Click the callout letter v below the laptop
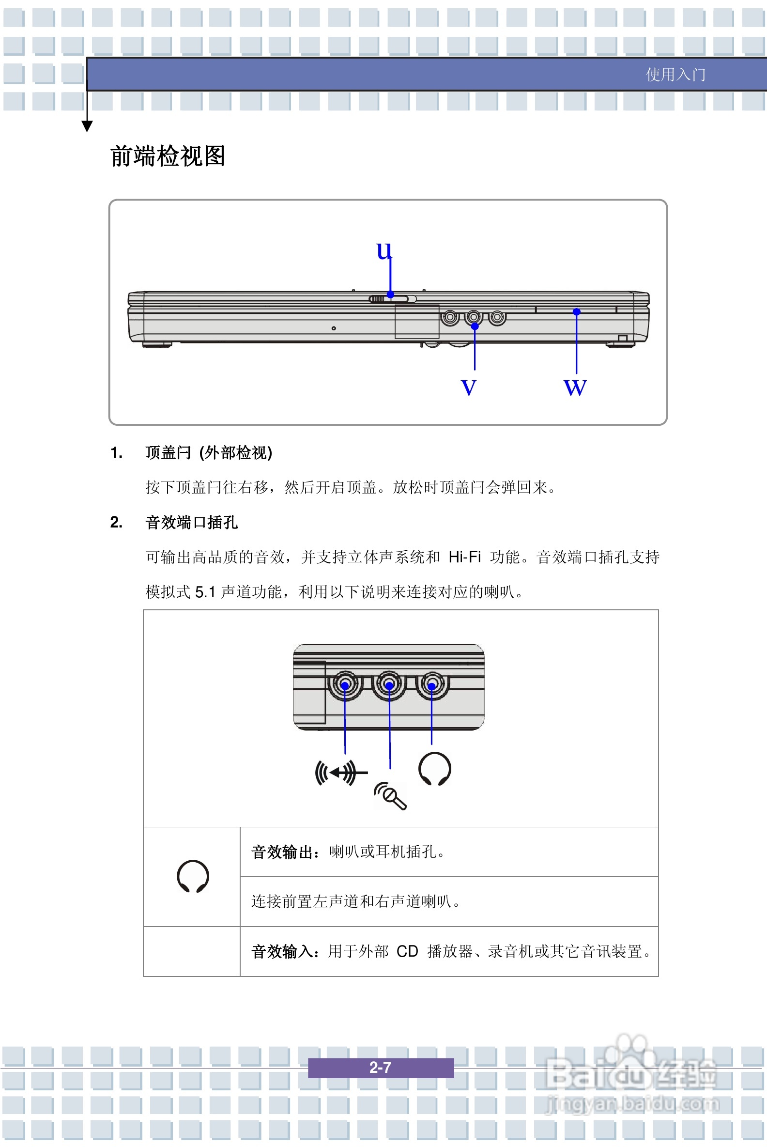pos(468,387)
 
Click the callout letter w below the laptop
pos(575,387)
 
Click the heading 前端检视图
pos(167,156)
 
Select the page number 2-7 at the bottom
pos(380,1067)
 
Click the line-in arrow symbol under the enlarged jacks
pos(340,773)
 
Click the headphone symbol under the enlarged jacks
pos(434,769)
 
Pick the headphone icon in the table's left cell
pos(193,876)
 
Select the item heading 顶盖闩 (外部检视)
pos(208,452)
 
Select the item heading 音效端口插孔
pos(191,522)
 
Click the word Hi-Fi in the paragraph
pos(464,557)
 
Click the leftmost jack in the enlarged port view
pos(345,684)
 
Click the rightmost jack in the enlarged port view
pos(432,684)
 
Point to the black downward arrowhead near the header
pos(87,126)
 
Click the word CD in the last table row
pos(407,951)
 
